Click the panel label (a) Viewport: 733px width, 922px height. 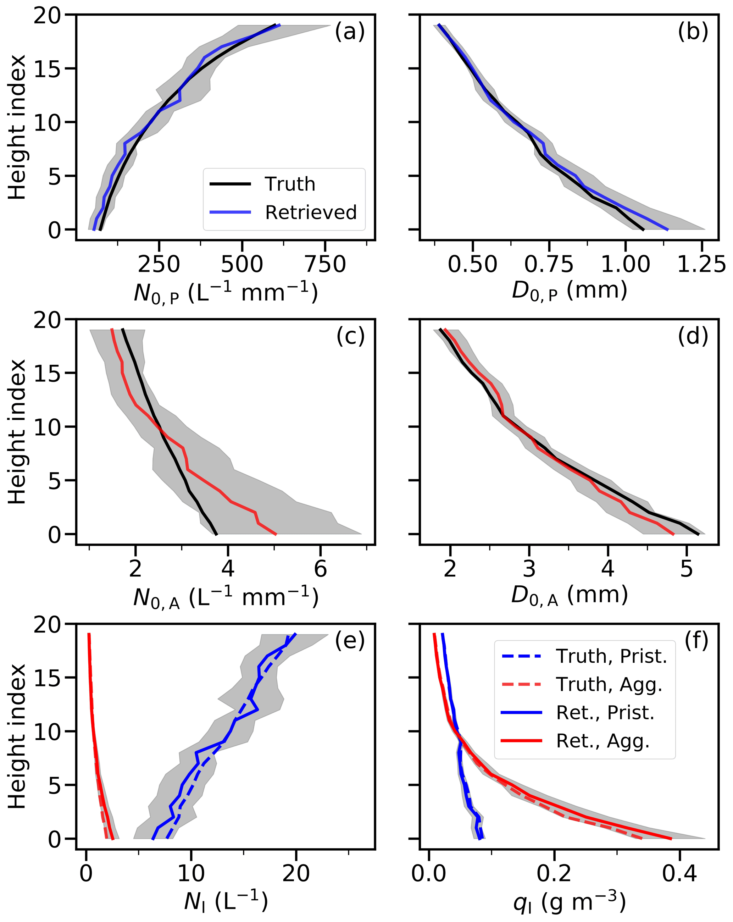coord(349,32)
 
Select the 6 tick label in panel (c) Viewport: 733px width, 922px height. coord(320,569)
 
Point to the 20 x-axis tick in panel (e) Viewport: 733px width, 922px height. coord(296,874)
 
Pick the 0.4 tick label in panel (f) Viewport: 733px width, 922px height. coord(679,874)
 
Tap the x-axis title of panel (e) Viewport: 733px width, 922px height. coord(226,901)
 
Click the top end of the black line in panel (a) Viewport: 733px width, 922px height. coord(275,25)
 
